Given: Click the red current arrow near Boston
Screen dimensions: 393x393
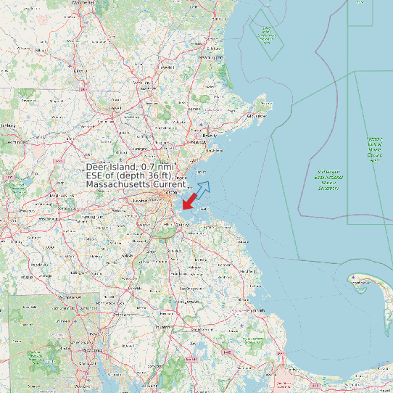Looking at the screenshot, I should [x=190, y=200].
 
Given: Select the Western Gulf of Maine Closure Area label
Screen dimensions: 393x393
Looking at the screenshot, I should [x=374, y=149].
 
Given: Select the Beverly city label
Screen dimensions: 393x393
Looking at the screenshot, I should [x=210, y=136].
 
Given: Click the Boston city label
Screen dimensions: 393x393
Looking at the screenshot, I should [x=172, y=193].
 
